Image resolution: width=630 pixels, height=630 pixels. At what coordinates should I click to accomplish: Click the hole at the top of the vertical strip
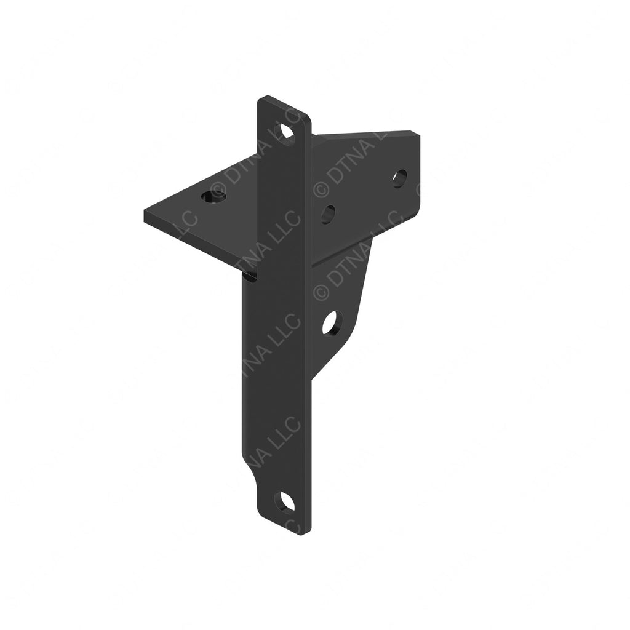click(x=285, y=131)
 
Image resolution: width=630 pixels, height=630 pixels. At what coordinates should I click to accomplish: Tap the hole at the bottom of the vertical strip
click(x=285, y=501)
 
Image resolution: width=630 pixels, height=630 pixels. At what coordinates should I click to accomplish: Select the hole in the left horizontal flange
click(x=214, y=197)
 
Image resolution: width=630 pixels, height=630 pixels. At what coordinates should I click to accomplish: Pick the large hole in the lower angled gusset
click(x=332, y=323)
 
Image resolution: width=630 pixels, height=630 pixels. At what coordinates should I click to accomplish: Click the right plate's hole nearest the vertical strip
click(x=328, y=213)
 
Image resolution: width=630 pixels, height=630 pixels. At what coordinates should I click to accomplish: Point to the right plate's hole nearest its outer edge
click(x=399, y=178)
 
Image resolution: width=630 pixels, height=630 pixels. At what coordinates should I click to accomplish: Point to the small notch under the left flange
click(x=251, y=277)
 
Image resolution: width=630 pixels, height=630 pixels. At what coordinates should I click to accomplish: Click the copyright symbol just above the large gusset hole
click(x=321, y=292)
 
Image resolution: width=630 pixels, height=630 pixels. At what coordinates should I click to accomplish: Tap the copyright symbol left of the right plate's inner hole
click(x=320, y=188)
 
